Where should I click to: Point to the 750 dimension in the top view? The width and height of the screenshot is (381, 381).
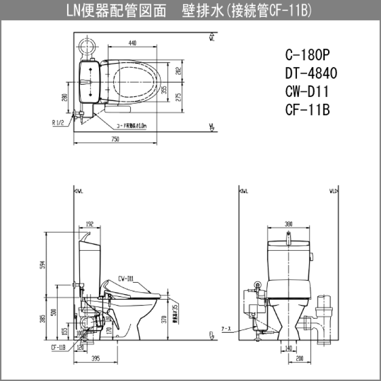click(x=115, y=139)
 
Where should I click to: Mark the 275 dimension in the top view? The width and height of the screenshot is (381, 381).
click(x=179, y=97)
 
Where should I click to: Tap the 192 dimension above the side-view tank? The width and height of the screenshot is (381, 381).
click(x=88, y=224)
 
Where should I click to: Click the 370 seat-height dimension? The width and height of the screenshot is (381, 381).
click(x=165, y=319)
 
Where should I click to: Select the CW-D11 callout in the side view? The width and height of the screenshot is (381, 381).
click(x=126, y=277)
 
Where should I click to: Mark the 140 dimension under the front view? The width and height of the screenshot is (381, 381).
click(x=289, y=348)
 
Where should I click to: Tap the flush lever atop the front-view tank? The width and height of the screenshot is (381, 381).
click(x=288, y=237)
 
